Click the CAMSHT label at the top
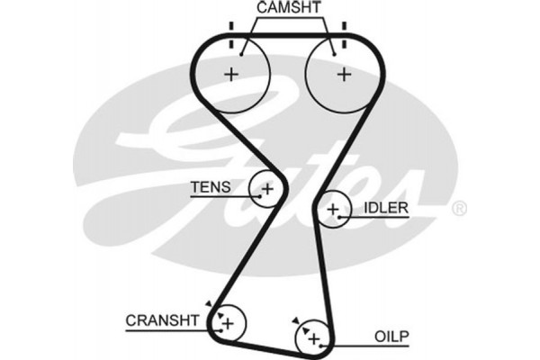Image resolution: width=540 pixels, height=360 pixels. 287,8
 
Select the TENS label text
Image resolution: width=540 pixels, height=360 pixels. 210,188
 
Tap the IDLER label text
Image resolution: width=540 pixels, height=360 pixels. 386,209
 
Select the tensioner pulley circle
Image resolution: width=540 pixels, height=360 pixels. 266,189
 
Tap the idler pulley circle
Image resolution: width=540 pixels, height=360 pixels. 334,211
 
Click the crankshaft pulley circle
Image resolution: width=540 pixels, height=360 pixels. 228,321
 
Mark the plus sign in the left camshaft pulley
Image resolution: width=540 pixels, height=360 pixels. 231,74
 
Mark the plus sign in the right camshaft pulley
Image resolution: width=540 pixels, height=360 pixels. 343,74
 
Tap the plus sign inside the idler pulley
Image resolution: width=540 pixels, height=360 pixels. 334,211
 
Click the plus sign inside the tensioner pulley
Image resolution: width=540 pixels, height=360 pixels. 266,189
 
